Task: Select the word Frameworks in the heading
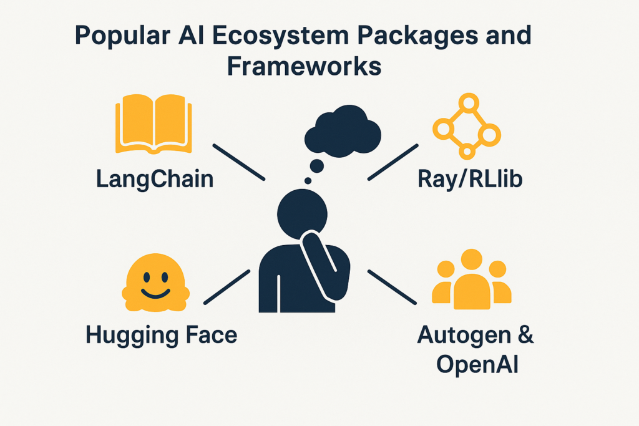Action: coord(304,65)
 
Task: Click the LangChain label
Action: coord(155,180)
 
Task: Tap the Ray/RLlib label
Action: coord(470,180)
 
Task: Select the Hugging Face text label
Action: coord(162,335)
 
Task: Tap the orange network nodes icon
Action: coord(467,125)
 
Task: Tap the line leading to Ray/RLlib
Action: coord(393,162)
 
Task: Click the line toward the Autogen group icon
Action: coord(393,287)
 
